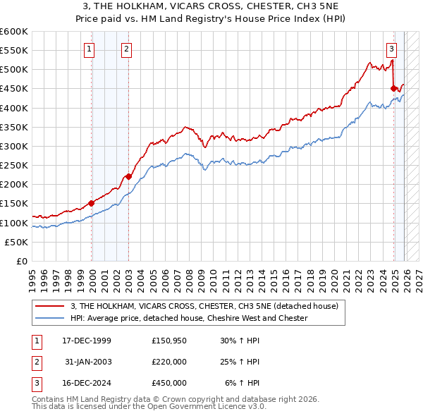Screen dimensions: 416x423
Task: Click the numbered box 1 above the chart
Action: pyautogui.click(x=90, y=49)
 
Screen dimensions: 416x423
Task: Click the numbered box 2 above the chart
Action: pyautogui.click(x=125, y=49)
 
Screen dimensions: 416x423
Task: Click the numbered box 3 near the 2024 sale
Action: pyautogui.click(x=391, y=49)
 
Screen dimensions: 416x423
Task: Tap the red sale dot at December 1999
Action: pyautogui.click(x=92, y=203)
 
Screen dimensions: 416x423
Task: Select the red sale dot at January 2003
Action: pyautogui.click(x=128, y=177)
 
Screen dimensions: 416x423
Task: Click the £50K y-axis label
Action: pyautogui.click(x=17, y=242)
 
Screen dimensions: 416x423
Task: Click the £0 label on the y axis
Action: pyautogui.click(x=23, y=261)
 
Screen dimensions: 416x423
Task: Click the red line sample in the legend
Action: pyautogui.click(x=50, y=306)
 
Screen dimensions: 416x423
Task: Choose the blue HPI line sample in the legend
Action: pyautogui.click(x=50, y=318)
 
